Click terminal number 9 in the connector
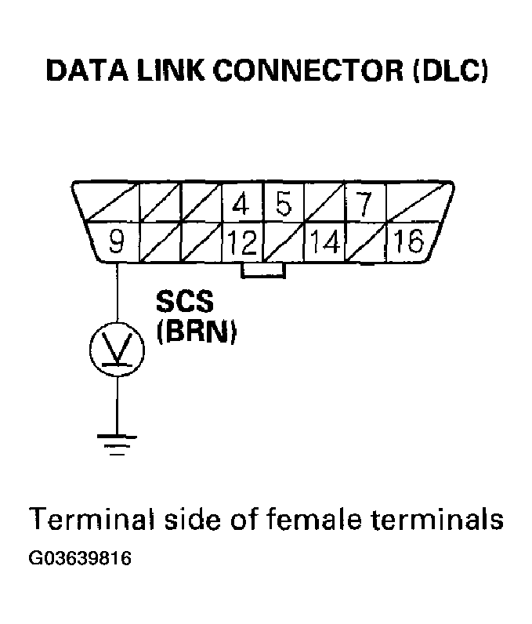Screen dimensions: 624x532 click(116, 242)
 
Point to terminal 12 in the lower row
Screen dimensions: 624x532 click(243, 243)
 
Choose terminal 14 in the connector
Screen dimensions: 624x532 click(323, 243)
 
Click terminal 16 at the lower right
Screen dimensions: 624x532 click(407, 242)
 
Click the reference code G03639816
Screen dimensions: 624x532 click(79, 560)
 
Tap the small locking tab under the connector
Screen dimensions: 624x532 click(263, 270)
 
